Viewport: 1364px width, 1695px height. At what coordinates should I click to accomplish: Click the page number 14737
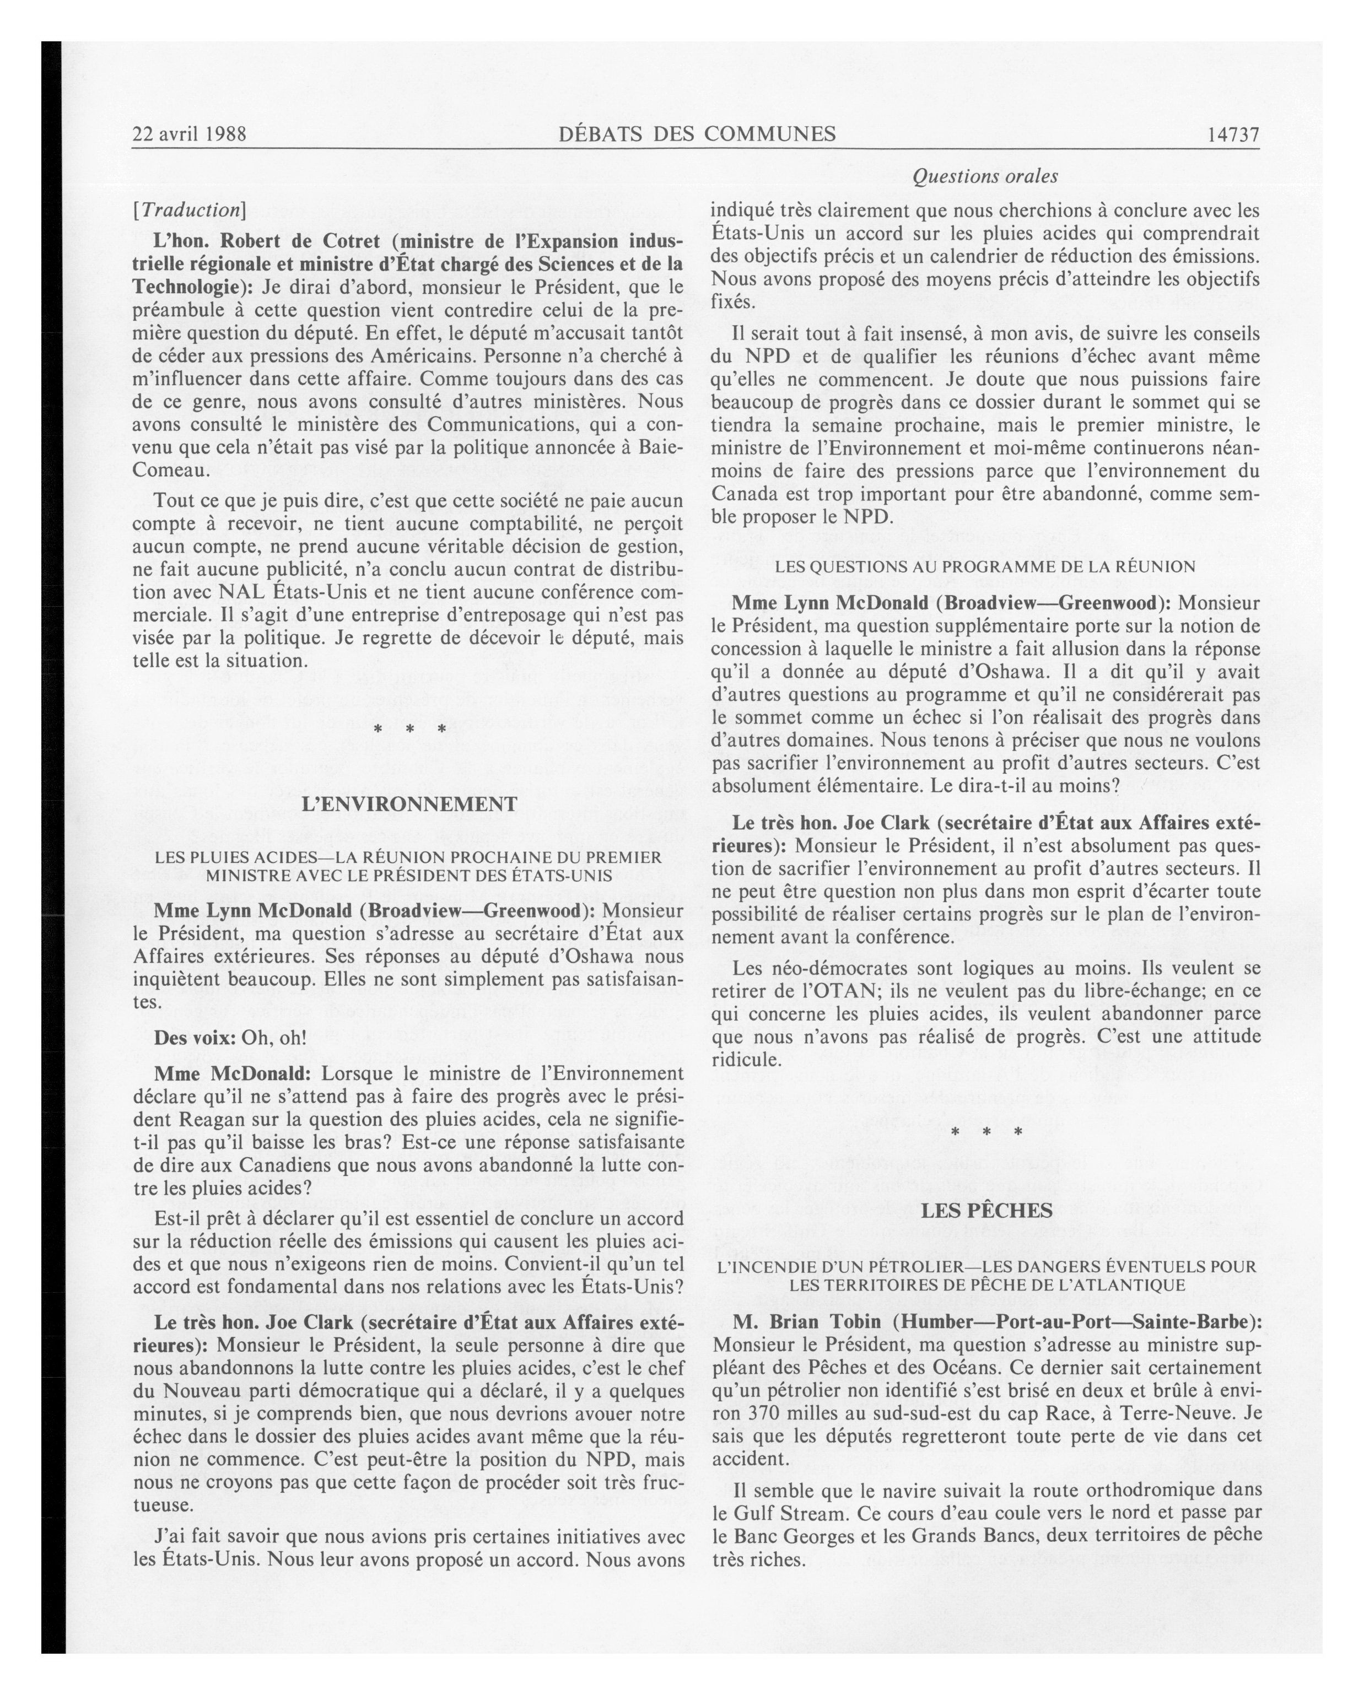[x=1233, y=134]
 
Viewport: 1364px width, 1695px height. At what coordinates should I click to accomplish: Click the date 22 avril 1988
[x=190, y=134]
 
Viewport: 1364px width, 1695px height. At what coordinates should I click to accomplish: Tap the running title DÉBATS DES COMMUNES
[x=697, y=134]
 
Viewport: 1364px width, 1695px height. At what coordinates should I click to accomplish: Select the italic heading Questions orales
[x=984, y=177]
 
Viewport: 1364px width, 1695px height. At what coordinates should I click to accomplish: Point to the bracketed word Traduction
[x=190, y=210]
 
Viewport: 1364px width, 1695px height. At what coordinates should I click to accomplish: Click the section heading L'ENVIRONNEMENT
[x=409, y=805]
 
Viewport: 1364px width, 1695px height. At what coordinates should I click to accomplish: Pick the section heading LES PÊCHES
[x=986, y=1211]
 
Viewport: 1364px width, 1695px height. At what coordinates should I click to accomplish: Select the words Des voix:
[x=194, y=1038]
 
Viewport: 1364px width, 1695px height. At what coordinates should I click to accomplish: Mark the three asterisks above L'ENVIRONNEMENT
[x=409, y=730]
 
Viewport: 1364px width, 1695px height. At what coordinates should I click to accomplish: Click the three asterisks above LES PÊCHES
[x=986, y=1133]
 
